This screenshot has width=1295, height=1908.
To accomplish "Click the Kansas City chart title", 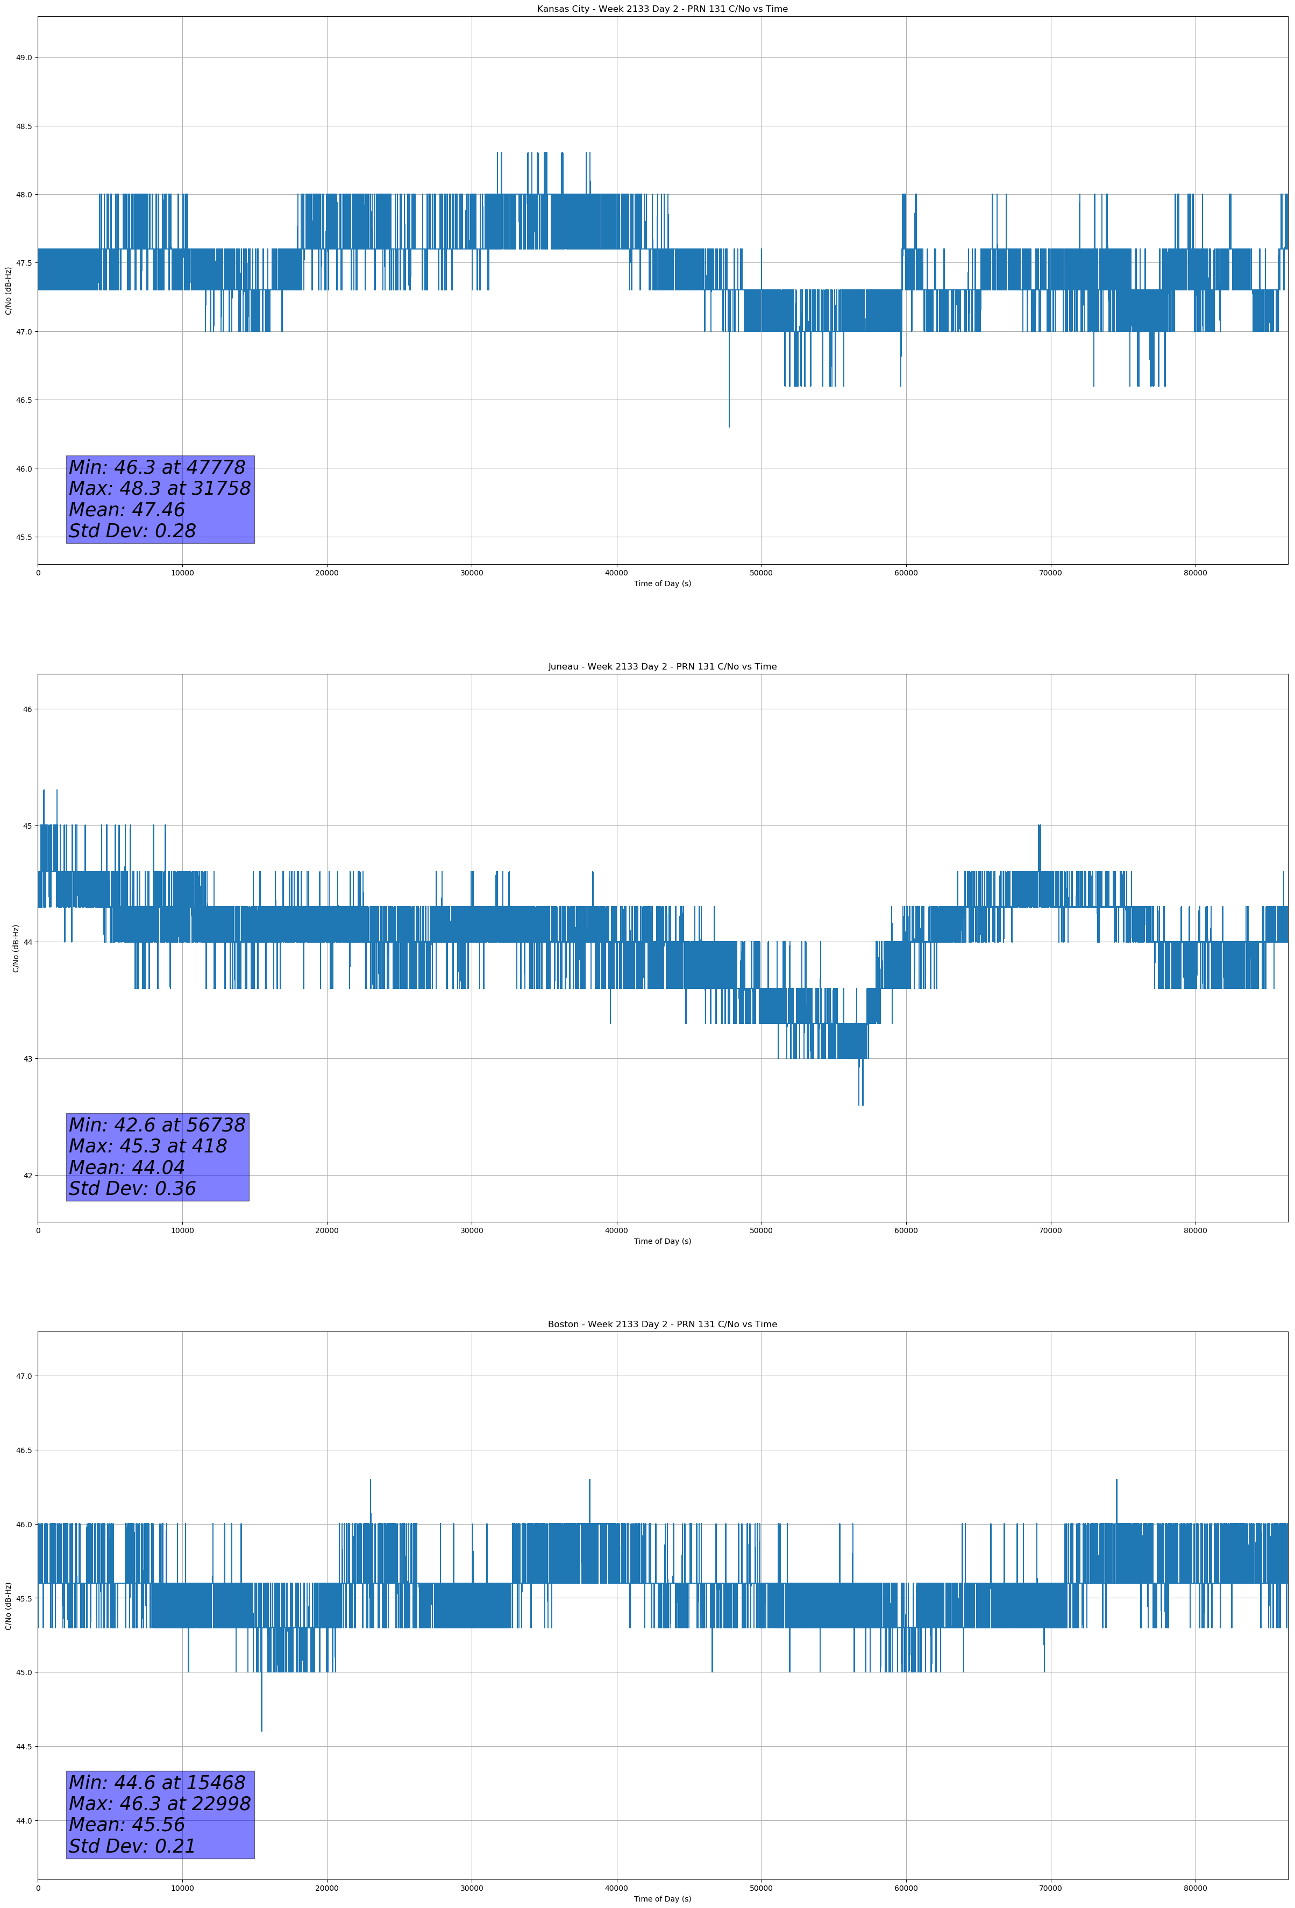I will point(662,9).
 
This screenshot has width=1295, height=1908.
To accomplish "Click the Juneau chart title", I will point(662,667).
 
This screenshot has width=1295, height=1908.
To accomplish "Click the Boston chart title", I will point(662,1325).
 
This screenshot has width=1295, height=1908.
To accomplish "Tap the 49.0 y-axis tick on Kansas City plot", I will point(23,58).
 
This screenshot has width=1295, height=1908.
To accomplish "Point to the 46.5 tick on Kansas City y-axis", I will point(23,400).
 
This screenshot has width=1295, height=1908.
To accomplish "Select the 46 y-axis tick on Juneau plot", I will point(27,709).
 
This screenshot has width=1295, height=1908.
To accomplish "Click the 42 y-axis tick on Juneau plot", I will point(27,1176).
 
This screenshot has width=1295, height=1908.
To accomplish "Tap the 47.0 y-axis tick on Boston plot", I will point(23,1376).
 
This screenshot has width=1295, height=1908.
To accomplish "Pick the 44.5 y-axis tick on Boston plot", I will point(23,1746).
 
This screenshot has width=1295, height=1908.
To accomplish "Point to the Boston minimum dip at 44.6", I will point(262,1727).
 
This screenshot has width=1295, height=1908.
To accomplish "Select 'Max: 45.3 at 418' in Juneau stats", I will point(148,1146).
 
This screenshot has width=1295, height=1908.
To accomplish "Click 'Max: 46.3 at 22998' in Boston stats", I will point(159,1804).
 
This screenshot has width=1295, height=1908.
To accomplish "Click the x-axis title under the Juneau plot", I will point(662,1241).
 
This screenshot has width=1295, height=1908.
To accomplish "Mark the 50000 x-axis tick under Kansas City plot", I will point(761,573).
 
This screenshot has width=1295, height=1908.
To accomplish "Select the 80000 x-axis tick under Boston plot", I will point(1195,1888).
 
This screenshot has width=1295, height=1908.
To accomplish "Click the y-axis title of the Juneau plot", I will point(16,948).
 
